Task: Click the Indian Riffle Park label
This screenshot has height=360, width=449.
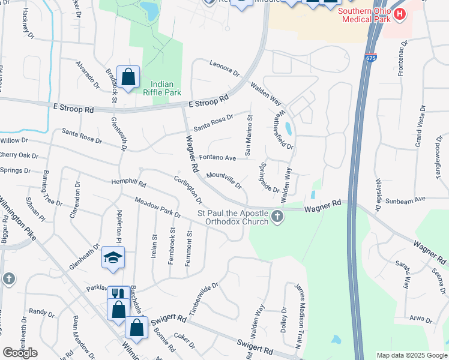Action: pyautogui.click(x=161, y=88)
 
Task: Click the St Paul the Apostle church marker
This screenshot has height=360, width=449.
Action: pyautogui.click(x=277, y=216)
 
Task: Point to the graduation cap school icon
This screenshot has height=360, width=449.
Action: pyautogui.click(x=113, y=257)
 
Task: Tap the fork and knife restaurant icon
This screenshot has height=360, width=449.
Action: pyautogui.click(x=118, y=294)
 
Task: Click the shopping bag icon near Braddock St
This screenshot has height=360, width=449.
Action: pyautogui.click(x=128, y=77)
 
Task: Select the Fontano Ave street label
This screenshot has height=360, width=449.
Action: pyautogui.click(x=217, y=158)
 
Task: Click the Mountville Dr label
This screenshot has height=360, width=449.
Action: pyautogui.click(x=224, y=181)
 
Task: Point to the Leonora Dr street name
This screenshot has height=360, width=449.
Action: pyautogui.click(x=224, y=68)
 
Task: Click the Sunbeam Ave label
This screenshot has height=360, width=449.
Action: pyautogui.click(x=405, y=200)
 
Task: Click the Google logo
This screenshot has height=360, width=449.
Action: pyautogui.click(x=20, y=353)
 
